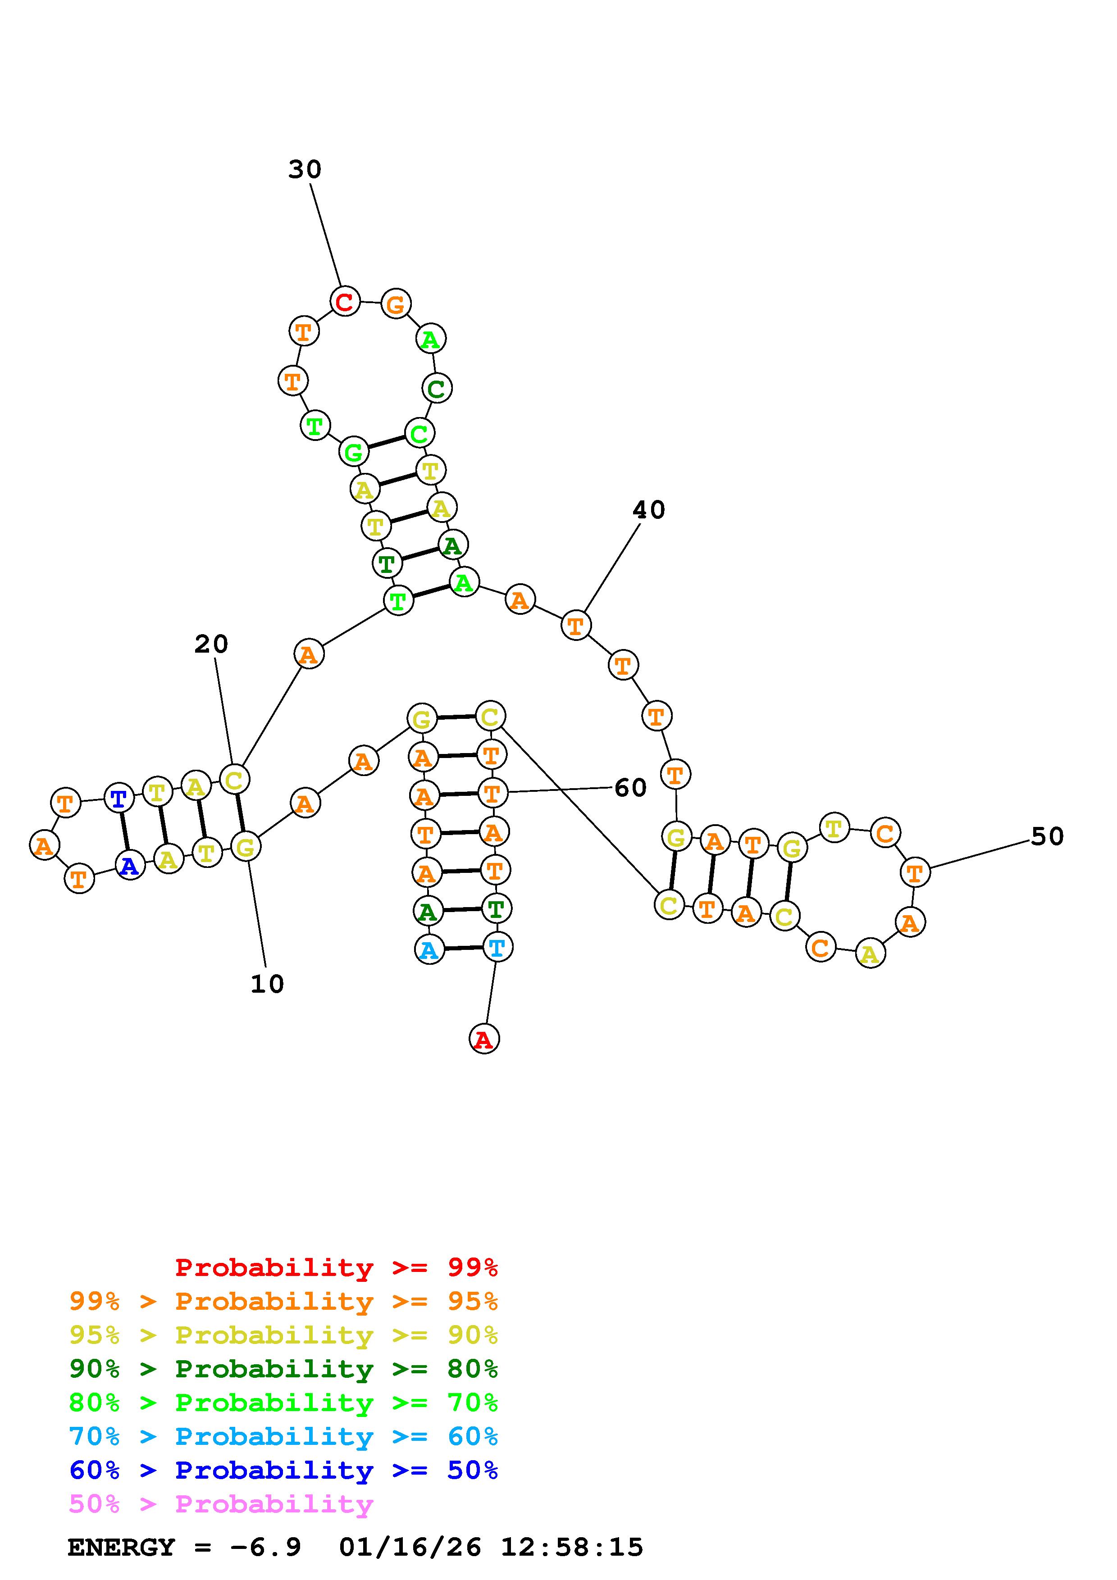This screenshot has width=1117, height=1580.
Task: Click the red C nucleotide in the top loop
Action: click(x=345, y=301)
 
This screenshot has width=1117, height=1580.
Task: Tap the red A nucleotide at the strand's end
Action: click(x=484, y=1039)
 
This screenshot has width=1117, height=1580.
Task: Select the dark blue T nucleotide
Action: click(x=119, y=798)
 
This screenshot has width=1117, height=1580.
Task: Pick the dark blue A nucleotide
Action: click(x=129, y=866)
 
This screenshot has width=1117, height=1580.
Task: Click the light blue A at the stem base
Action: click(x=429, y=950)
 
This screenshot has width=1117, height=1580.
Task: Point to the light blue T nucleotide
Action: click(x=496, y=948)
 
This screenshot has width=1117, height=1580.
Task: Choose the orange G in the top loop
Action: click(x=396, y=304)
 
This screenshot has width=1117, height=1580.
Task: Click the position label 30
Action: click(x=304, y=169)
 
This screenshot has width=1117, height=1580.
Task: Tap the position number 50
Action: click(x=1047, y=837)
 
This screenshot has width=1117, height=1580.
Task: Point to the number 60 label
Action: click(x=630, y=788)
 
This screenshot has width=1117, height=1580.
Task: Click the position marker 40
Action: click(x=648, y=510)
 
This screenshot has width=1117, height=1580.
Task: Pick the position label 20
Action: click(x=210, y=644)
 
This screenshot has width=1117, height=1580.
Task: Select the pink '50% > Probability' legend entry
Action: click(x=221, y=1504)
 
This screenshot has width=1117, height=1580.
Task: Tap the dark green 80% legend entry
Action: click(x=283, y=1369)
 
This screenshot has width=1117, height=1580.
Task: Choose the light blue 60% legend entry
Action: click(x=283, y=1436)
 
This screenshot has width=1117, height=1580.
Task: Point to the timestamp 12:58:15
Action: click(x=571, y=1548)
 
